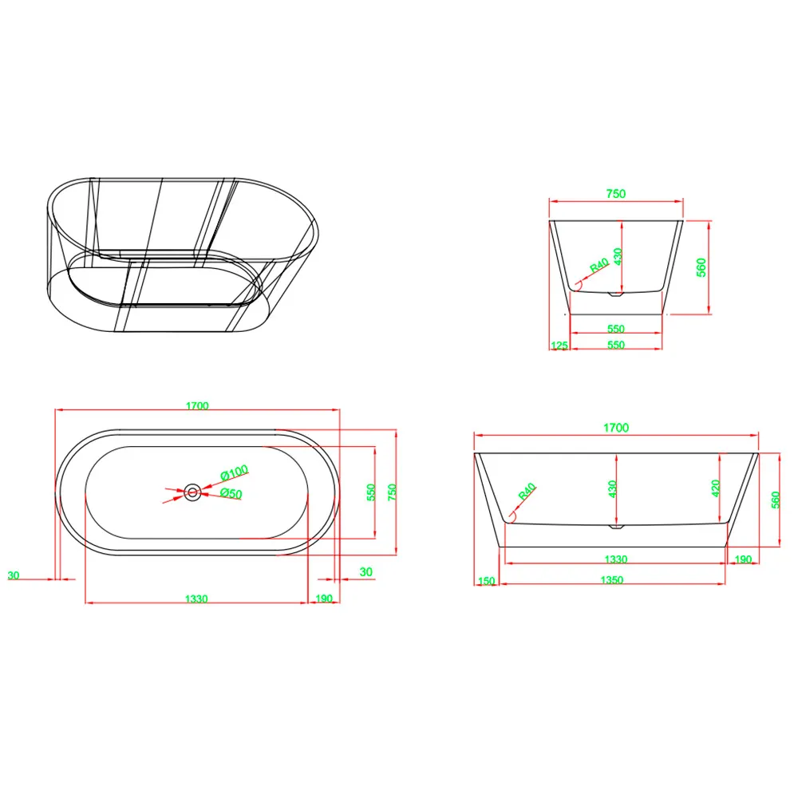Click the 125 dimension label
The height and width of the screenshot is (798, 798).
[559, 346]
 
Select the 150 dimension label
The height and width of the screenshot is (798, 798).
[487, 581]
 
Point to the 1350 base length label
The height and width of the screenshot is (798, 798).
[612, 579]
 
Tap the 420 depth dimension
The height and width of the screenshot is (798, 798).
[716, 488]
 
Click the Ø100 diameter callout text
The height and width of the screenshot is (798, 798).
[235, 472]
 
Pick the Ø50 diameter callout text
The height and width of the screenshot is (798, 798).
[231, 493]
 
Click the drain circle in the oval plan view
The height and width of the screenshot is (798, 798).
[192, 492]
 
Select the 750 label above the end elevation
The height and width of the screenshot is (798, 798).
[616, 193]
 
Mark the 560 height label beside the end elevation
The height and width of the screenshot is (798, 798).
[701, 267]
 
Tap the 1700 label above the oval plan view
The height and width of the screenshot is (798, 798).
[197, 405]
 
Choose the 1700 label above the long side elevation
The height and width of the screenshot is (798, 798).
[616, 428]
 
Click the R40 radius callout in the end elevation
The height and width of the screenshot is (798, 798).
[599, 265]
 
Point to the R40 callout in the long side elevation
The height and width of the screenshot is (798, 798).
[527, 491]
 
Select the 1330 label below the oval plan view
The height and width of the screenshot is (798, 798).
[196, 598]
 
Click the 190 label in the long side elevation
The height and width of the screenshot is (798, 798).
[743, 559]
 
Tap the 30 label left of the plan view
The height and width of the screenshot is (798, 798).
[14, 575]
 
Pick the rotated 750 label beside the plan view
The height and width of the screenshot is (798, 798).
[392, 492]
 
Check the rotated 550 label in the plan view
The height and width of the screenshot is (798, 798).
[371, 492]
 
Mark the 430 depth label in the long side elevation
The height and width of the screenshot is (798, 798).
[612, 488]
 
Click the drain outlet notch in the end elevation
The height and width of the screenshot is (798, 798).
[616, 294]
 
